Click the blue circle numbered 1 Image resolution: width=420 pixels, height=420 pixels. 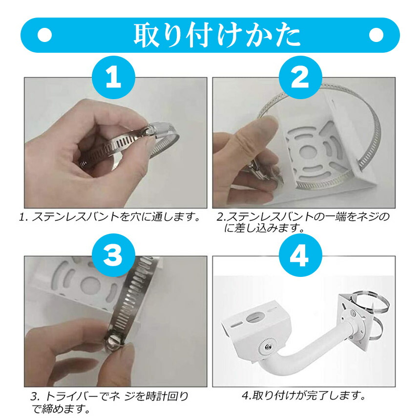113,78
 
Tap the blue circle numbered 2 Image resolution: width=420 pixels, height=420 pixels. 300,78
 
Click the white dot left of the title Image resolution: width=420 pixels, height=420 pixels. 44,35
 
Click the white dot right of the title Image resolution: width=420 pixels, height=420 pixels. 376,35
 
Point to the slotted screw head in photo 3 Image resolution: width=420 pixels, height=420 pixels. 114,341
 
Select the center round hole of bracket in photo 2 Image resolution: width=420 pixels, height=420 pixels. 308,152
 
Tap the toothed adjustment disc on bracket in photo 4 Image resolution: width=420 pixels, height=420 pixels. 268,347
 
